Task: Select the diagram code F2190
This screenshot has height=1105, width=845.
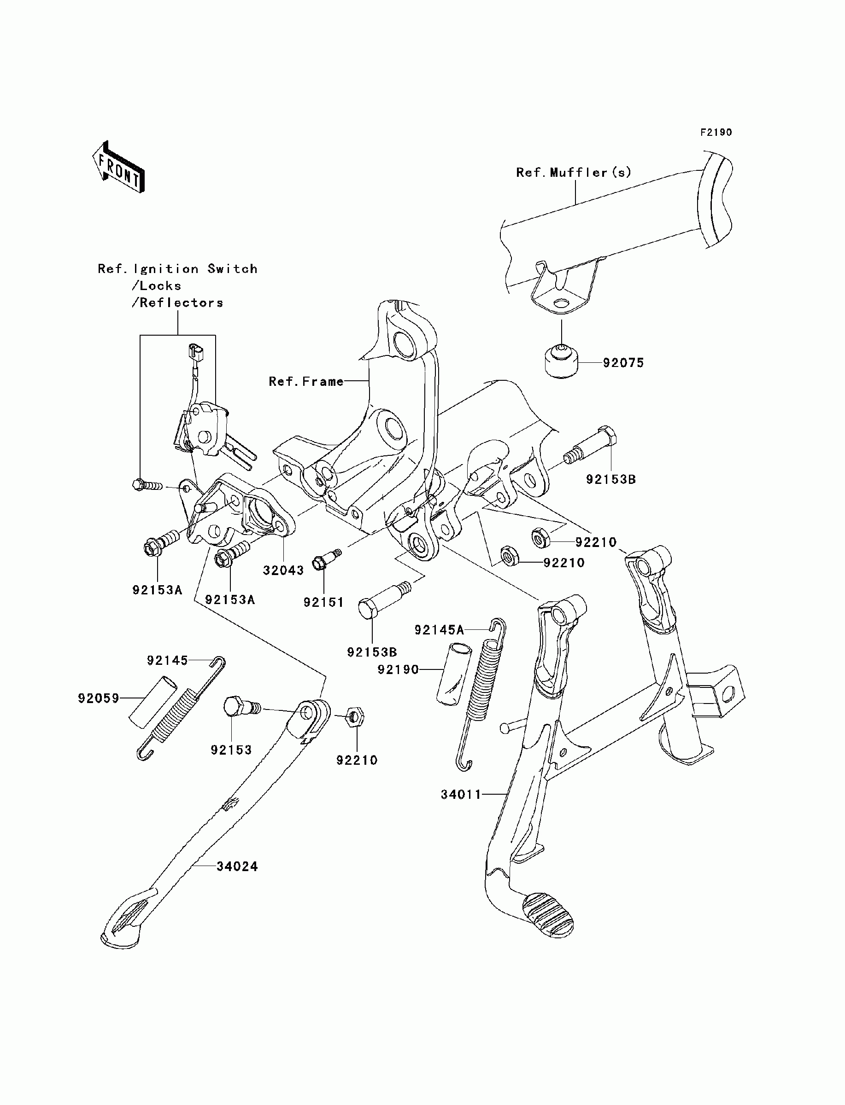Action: (x=716, y=132)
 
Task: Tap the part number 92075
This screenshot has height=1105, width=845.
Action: (x=623, y=363)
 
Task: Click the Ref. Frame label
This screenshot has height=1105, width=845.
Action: (x=306, y=381)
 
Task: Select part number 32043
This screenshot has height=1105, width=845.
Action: (x=283, y=570)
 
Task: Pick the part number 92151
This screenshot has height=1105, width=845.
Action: (x=323, y=602)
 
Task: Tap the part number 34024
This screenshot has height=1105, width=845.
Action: (x=237, y=867)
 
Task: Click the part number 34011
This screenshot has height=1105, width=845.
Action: (x=461, y=795)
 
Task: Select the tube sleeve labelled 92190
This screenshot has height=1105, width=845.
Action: (x=453, y=673)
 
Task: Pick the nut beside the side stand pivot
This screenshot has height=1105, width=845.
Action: (x=356, y=717)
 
